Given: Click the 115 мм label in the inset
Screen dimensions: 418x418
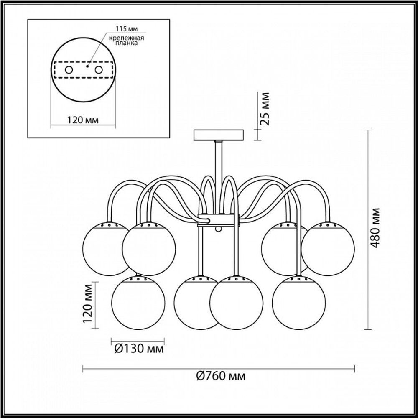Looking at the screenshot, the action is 127,28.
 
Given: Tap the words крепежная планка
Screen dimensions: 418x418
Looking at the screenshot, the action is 127,40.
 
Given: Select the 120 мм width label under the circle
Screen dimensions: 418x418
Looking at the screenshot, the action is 83,120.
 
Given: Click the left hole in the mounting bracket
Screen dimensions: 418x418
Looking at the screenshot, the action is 69,70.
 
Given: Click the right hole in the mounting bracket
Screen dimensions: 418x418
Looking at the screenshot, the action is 99,70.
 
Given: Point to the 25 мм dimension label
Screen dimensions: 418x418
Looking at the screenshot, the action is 265,109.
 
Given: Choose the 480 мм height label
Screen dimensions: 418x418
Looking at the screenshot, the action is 375,228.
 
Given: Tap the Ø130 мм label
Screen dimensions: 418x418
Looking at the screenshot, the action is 139,349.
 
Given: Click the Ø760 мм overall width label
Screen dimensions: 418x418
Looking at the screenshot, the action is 221,376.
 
